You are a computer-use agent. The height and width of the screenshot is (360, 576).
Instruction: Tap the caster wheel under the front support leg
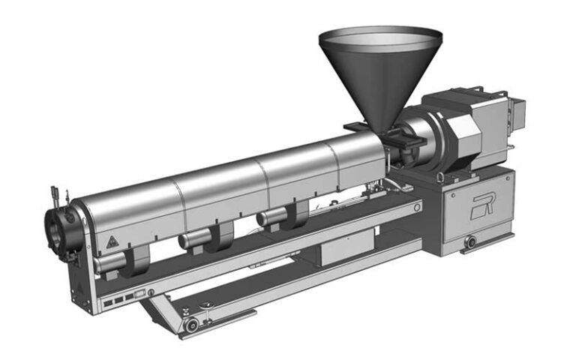193,323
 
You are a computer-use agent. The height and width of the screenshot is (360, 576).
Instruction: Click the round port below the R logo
471,242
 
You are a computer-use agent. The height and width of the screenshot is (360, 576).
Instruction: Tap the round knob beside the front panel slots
151,292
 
